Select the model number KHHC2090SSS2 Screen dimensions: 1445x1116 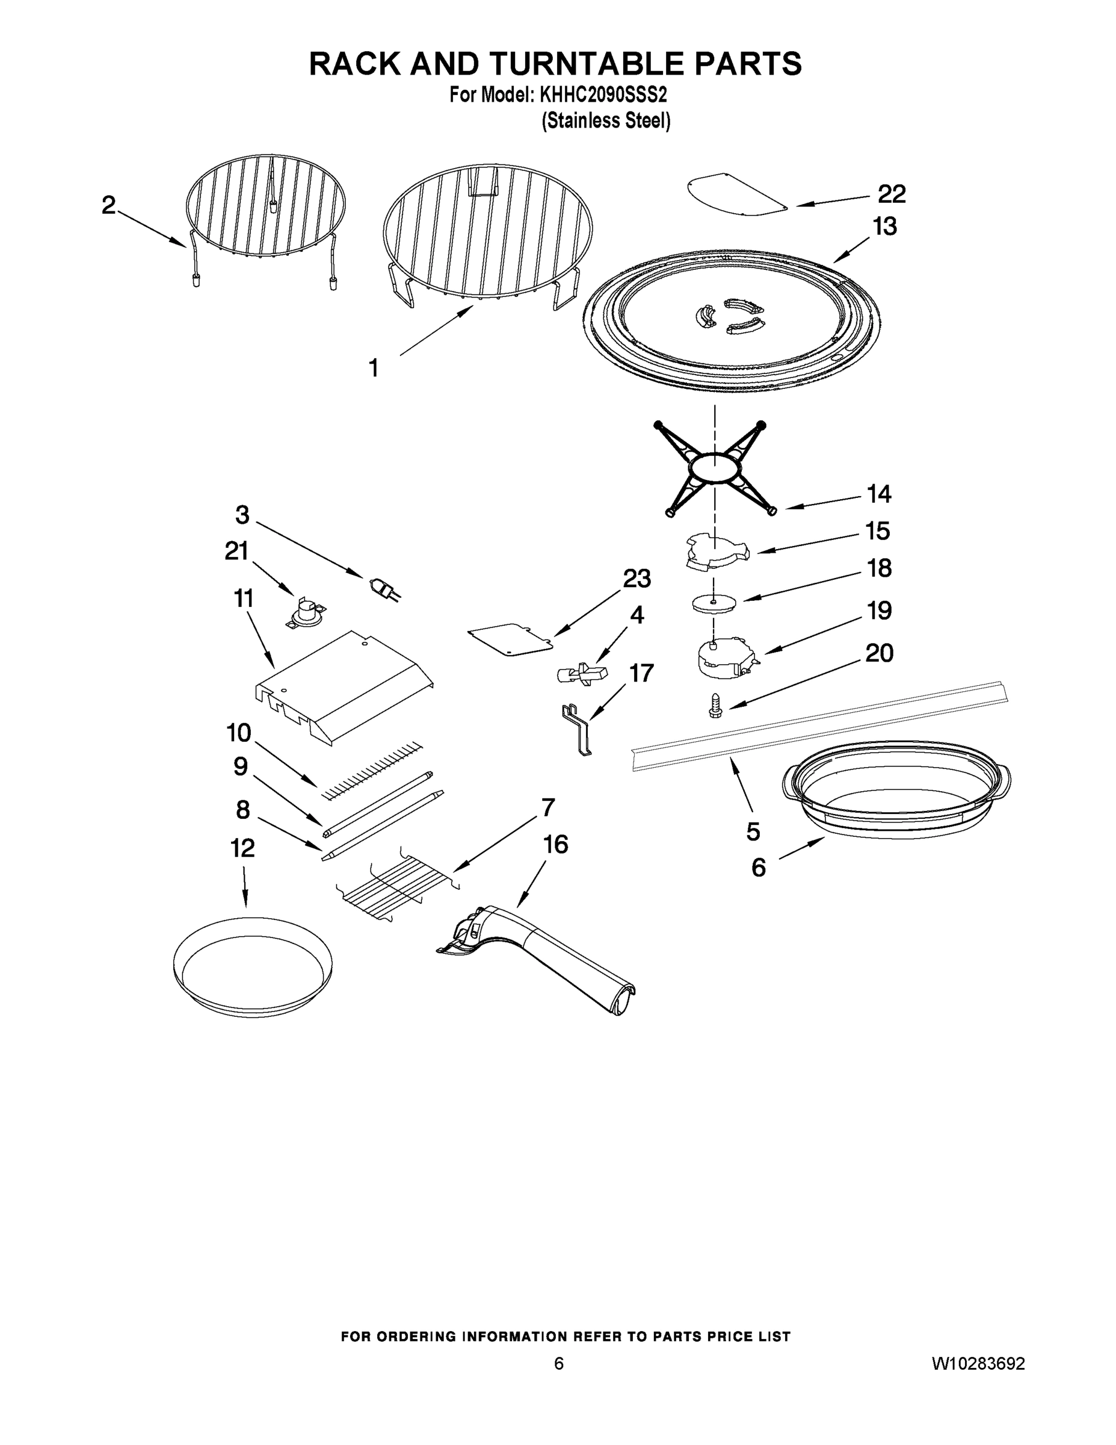coord(603,95)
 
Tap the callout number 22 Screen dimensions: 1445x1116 coord(891,194)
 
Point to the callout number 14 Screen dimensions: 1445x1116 coord(878,494)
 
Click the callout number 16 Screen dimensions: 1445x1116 coord(555,844)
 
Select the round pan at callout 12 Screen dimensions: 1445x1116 coord(252,965)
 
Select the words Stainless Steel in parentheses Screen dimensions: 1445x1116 coord(606,121)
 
